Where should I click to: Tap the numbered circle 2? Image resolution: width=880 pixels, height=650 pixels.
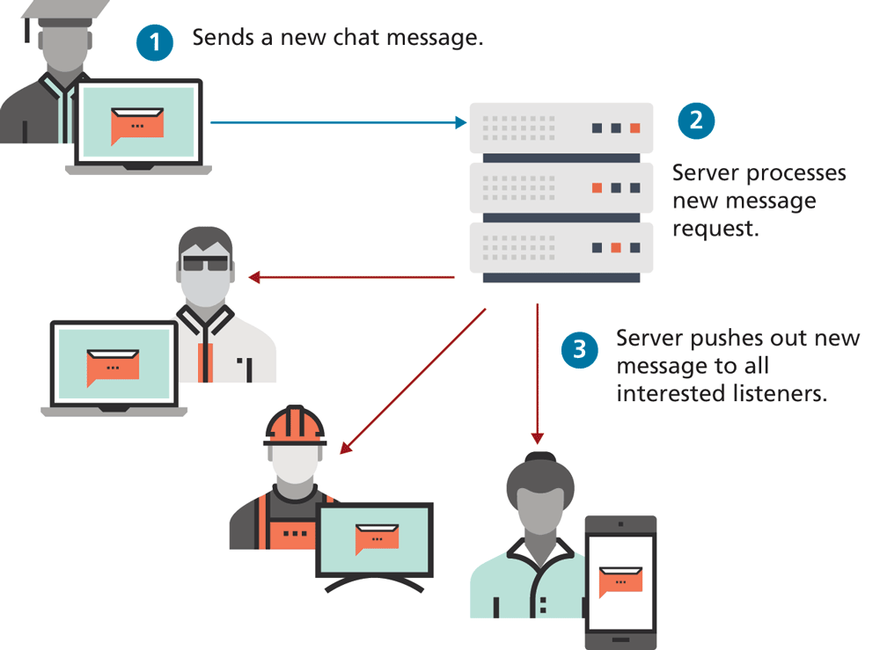(x=695, y=120)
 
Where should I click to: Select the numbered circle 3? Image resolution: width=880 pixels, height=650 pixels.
(x=579, y=350)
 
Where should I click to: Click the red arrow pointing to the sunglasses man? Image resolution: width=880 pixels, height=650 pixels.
(x=352, y=278)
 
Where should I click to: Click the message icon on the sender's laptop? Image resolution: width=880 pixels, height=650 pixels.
(x=137, y=125)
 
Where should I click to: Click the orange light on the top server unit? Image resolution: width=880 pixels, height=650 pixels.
(x=634, y=128)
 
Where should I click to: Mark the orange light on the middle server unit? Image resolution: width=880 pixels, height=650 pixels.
(x=598, y=187)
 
